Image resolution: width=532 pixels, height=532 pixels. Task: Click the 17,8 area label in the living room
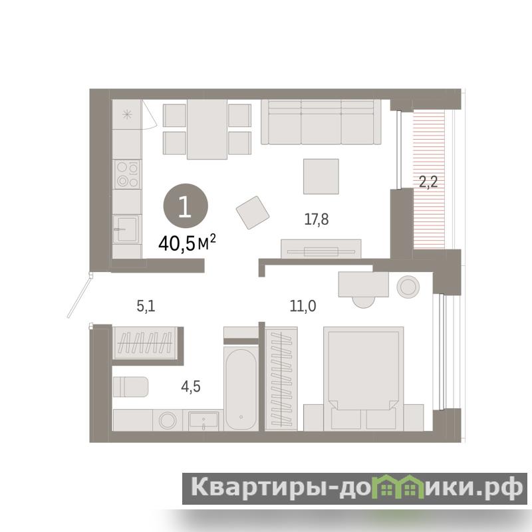[x=317, y=219]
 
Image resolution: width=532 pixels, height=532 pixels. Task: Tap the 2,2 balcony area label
[x=428, y=182]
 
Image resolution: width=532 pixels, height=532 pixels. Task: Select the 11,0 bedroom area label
[x=303, y=306]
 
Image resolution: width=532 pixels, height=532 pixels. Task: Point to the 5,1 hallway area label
[x=146, y=307]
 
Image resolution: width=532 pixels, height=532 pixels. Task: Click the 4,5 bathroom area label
[x=191, y=386]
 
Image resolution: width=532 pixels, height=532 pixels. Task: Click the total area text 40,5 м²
[x=187, y=243]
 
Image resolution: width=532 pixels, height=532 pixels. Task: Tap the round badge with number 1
[x=186, y=206]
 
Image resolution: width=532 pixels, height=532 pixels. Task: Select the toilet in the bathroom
[x=130, y=386]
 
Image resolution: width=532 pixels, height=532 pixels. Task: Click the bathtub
[x=241, y=389]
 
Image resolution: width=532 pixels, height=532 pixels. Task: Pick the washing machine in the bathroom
[x=168, y=420]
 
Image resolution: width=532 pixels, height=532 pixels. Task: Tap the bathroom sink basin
[x=203, y=421]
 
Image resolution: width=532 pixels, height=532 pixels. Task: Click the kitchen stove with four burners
[x=127, y=174]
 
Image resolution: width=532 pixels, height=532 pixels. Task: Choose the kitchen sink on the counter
[x=126, y=229]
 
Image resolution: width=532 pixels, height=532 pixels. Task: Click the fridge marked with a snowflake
[x=127, y=114]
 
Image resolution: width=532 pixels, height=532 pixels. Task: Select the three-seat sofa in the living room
[x=321, y=122]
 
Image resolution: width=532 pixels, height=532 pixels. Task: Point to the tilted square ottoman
[x=253, y=213]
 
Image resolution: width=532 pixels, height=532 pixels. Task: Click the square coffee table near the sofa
[x=321, y=176]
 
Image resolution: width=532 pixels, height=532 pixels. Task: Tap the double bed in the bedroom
[x=363, y=378]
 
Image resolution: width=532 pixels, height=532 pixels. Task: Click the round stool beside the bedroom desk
[x=408, y=287]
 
